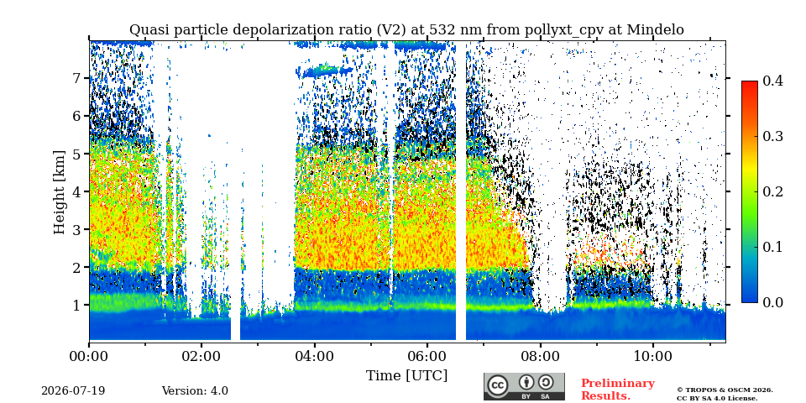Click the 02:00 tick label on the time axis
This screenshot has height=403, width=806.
coord(201,356)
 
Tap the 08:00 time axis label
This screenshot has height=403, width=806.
coord(540,356)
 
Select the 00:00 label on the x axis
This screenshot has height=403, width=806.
coord(89,356)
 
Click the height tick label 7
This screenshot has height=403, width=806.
coord(80,78)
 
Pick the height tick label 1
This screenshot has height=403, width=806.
coord(80,306)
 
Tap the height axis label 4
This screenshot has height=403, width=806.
coord(80,191)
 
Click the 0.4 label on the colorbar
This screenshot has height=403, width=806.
coord(772,81)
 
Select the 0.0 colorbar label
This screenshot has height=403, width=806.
coord(772,302)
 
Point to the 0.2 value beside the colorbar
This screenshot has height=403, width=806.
coord(772,191)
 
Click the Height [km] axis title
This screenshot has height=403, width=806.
coord(60,192)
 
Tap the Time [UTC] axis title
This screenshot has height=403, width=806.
coord(406,375)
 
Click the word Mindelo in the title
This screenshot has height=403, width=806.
coord(656,30)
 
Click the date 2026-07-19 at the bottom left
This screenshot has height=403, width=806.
coord(73,391)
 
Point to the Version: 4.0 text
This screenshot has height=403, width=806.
coord(195,391)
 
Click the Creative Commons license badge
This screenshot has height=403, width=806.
coord(524,386)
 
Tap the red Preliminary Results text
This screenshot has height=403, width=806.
coord(618,390)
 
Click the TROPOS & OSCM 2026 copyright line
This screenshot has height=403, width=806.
coord(725,390)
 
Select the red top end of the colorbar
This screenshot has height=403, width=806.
coord(750,83)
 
